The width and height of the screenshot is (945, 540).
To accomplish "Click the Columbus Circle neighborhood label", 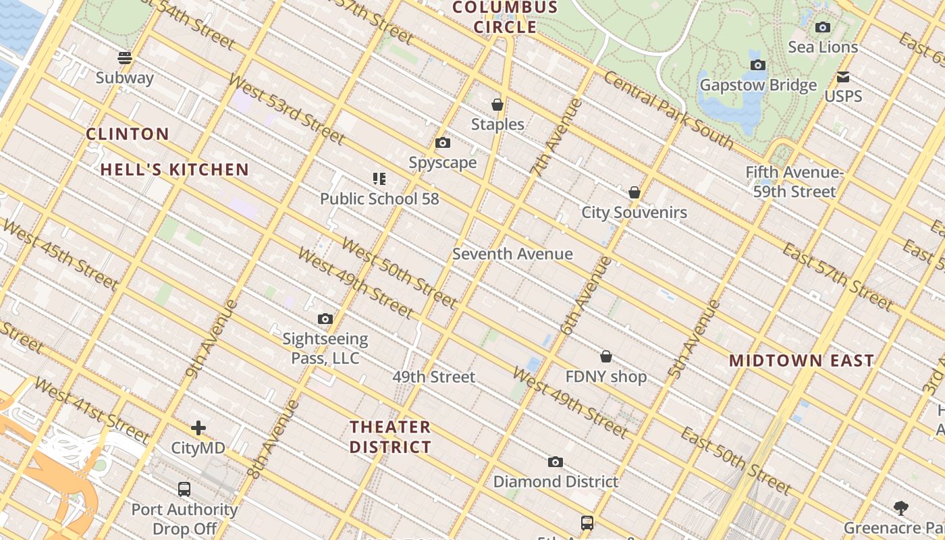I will tap(505, 18).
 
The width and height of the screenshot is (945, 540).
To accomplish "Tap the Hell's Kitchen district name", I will tap(175, 169).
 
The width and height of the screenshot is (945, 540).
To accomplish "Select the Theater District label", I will tap(391, 437).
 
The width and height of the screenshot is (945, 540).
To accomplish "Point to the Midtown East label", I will tap(801, 360).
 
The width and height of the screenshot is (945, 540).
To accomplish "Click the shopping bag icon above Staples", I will tap(497, 105).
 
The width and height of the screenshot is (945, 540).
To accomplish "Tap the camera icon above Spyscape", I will tap(443, 143).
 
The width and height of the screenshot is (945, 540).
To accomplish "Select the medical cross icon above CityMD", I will tap(198, 428).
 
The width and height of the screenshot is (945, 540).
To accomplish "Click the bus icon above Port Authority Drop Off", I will tap(184, 489).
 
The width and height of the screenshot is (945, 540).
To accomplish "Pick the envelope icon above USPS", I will tap(843, 77).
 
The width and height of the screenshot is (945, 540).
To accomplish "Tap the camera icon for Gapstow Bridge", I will tap(758, 65).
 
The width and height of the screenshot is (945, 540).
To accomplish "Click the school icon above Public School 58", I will tap(379, 179).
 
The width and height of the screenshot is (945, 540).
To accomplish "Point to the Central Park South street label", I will tap(668, 109).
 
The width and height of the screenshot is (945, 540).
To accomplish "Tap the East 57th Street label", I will tap(837, 277).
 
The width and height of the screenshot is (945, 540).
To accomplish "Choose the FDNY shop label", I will tap(606, 377).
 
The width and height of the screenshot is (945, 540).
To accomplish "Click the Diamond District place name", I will tap(556, 481).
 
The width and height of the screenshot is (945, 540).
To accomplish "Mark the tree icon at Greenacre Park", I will tap(900, 508).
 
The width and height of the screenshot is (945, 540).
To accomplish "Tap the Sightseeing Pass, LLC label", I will tap(325, 348).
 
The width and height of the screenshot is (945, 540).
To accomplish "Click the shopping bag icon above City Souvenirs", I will tap(634, 193).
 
